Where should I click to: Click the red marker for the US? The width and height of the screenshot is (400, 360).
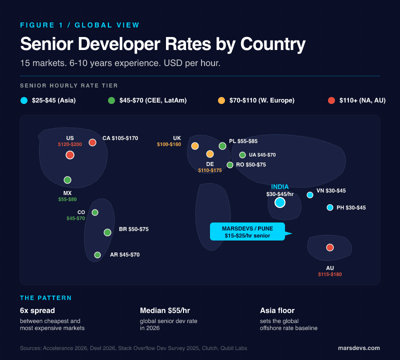coord(70,155)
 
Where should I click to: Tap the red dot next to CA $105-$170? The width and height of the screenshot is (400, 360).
coord(92,142)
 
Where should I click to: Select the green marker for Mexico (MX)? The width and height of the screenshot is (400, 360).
coord(67,180)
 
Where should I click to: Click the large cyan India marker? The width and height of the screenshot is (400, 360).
coord(280,202)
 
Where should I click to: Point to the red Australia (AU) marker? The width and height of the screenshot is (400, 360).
coord(329,247)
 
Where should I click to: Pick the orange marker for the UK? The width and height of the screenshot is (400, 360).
coord(195,146)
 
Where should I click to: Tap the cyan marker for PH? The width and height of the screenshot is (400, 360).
coord(329,207)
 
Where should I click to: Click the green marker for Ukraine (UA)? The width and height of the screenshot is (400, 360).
coord(242,155)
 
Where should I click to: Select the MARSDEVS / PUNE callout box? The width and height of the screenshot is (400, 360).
coord(247,231)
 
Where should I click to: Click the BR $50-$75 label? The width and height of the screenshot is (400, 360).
coord(133,229)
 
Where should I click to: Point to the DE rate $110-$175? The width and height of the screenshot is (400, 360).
coord(210,170)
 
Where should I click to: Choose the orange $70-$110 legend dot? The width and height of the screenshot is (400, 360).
coord(221,100)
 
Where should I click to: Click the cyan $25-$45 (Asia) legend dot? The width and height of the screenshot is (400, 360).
coord(24,100)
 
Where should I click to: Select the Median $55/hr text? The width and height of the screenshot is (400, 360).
coord(165,310)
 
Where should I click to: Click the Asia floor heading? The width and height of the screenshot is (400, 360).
coord(278,310)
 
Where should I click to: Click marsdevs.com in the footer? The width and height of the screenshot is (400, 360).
coord(358,348)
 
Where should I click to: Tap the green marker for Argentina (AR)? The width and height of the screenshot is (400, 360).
coord(97,255)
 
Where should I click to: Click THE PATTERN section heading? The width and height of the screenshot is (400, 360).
coord(46,298)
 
